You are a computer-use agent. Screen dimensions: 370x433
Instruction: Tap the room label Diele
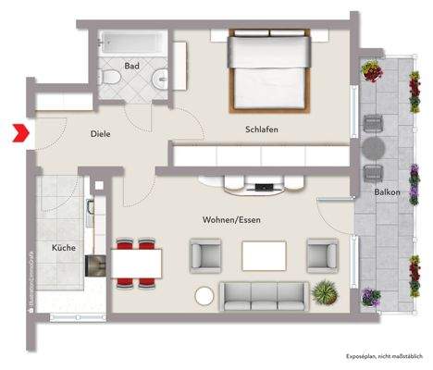click(x=101, y=134)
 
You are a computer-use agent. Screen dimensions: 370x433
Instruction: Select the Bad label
click(x=131, y=66)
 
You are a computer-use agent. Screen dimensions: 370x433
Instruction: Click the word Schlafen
click(x=262, y=129)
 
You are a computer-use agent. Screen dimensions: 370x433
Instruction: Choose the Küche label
click(x=63, y=248)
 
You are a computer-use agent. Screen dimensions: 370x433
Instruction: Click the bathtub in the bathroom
click(x=132, y=43)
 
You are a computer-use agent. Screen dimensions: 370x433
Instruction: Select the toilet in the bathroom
click(x=112, y=80)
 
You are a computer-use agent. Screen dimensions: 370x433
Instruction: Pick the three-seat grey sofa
click(x=264, y=295)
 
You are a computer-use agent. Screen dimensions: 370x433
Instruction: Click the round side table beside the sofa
click(x=204, y=295)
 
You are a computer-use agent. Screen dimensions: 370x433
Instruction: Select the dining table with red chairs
click(x=136, y=261)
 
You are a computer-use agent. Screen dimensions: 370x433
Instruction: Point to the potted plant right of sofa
click(x=324, y=293)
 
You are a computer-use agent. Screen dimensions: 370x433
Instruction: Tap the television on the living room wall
click(x=266, y=188)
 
